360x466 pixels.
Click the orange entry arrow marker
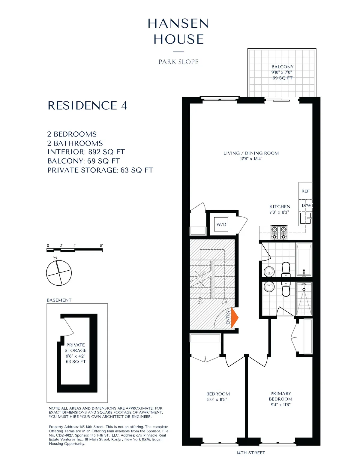coord(234,317)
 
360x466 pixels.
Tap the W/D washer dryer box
coord(221,224)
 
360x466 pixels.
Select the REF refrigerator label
coord(305,191)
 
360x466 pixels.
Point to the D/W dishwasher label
coord(306,206)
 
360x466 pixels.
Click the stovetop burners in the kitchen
coord(279,233)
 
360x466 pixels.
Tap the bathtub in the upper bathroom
coord(304,260)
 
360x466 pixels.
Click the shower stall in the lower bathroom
coord(304,299)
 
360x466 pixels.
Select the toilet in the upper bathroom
coord(286,269)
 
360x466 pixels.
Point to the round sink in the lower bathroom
coord(269,287)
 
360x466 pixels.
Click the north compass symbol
coord(59,273)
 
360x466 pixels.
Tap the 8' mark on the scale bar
coord(101,246)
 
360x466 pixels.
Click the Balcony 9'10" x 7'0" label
coord(282,72)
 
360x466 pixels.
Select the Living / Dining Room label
coord(251,156)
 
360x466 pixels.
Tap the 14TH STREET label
coord(251,453)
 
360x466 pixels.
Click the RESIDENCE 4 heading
coord(87,106)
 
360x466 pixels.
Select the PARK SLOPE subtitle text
coord(178,62)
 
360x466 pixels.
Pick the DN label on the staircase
coord(200,302)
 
